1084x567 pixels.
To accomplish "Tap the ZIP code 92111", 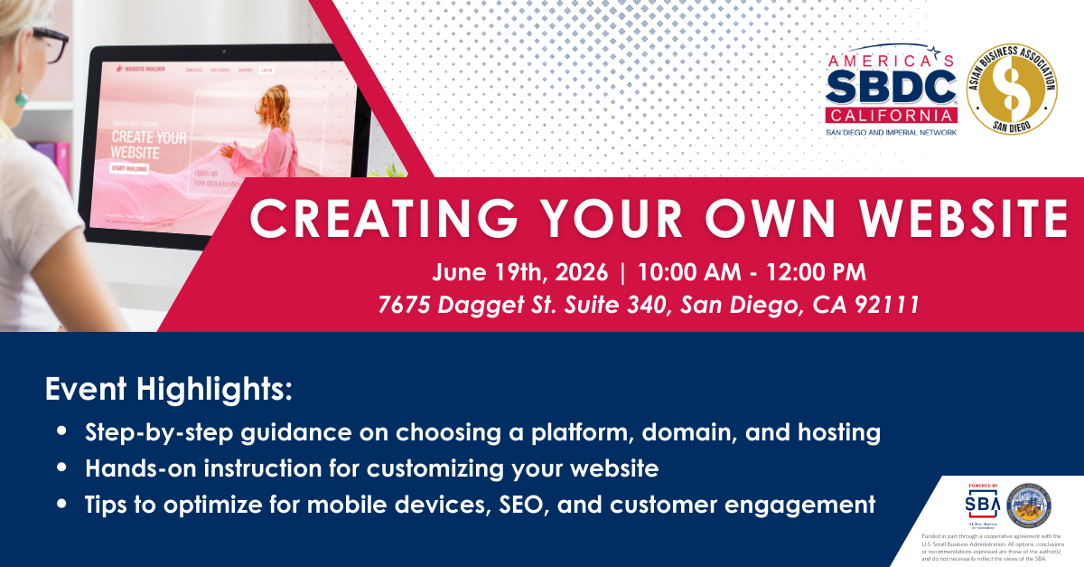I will click(889, 305).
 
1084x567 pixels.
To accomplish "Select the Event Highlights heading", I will click(169, 390).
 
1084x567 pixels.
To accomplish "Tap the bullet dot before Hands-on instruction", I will click(61, 469).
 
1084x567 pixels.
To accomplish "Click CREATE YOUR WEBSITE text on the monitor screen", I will click(148, 146).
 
